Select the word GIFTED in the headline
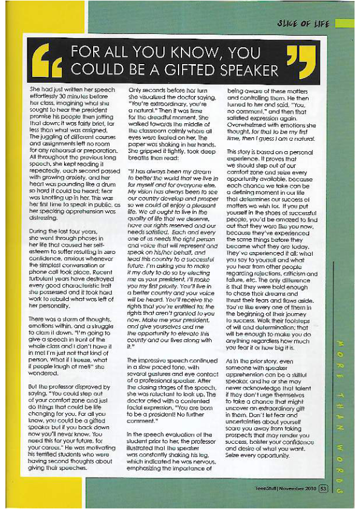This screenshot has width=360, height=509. click(x=201, y=69)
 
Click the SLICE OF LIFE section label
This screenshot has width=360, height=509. click(x=307, y=24)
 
